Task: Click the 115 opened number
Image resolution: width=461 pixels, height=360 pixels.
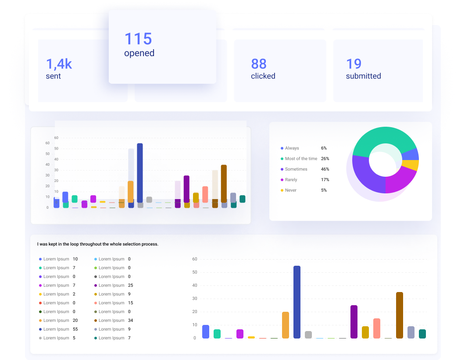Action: pos(138,39)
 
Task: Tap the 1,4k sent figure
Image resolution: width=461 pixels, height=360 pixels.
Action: pos(59,64)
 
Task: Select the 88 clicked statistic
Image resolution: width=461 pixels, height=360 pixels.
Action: pos(259,64)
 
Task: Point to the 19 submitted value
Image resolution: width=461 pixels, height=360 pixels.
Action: pos(354,64)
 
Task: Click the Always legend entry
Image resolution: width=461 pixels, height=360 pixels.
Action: pos(292,148)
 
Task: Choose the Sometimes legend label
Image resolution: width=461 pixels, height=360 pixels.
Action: pos(296,169)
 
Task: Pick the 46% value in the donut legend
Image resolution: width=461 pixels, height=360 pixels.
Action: pos(325,169)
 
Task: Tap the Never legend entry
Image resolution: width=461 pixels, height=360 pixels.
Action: pos(290,190)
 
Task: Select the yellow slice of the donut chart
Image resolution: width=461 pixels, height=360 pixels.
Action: pos(411,165)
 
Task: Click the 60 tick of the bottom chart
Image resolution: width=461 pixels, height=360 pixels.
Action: pos(195,259)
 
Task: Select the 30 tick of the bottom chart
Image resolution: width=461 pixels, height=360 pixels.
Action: pos(195,299)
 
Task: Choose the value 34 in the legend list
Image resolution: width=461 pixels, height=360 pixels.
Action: pos(130,321)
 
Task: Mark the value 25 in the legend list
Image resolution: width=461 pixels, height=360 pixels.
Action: pos(130,285)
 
